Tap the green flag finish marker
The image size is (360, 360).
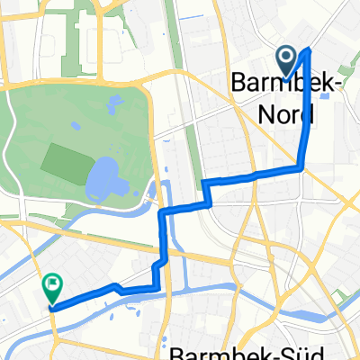click(51, 287)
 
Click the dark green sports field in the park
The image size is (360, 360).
click(65, 160)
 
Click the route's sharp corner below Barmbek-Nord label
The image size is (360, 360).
click(300, 166)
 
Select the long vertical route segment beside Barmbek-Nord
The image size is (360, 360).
click(305, 108)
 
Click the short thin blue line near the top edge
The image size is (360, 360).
click(193, 17)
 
